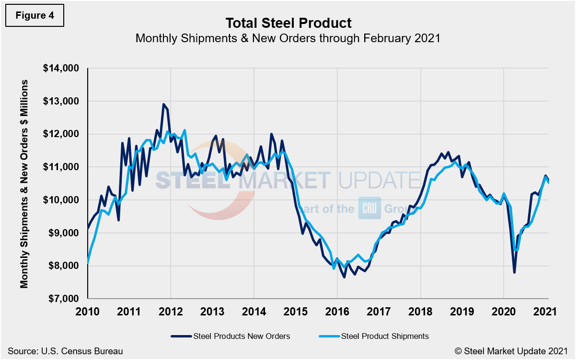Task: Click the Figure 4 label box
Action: (35, 15)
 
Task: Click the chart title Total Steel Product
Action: (288, 23)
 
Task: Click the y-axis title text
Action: (24, 184)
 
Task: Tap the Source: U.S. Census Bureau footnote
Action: (65, 351)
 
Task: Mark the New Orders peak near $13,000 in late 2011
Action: (163, 104)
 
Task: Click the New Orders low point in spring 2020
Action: (514, 272)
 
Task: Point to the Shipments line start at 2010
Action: (89, 263)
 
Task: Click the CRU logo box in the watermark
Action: (369, 208)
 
